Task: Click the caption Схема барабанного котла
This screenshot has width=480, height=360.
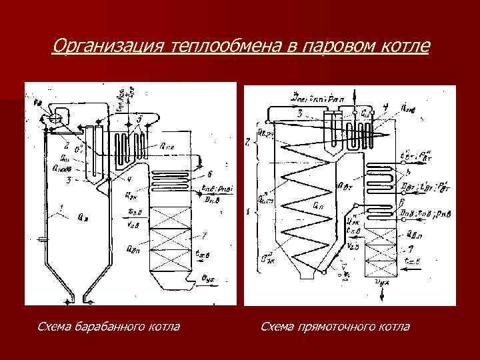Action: click(108, 327)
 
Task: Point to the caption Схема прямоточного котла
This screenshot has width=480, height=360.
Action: click(335, 327)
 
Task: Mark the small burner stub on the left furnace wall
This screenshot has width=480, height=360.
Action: click(42, 238)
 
